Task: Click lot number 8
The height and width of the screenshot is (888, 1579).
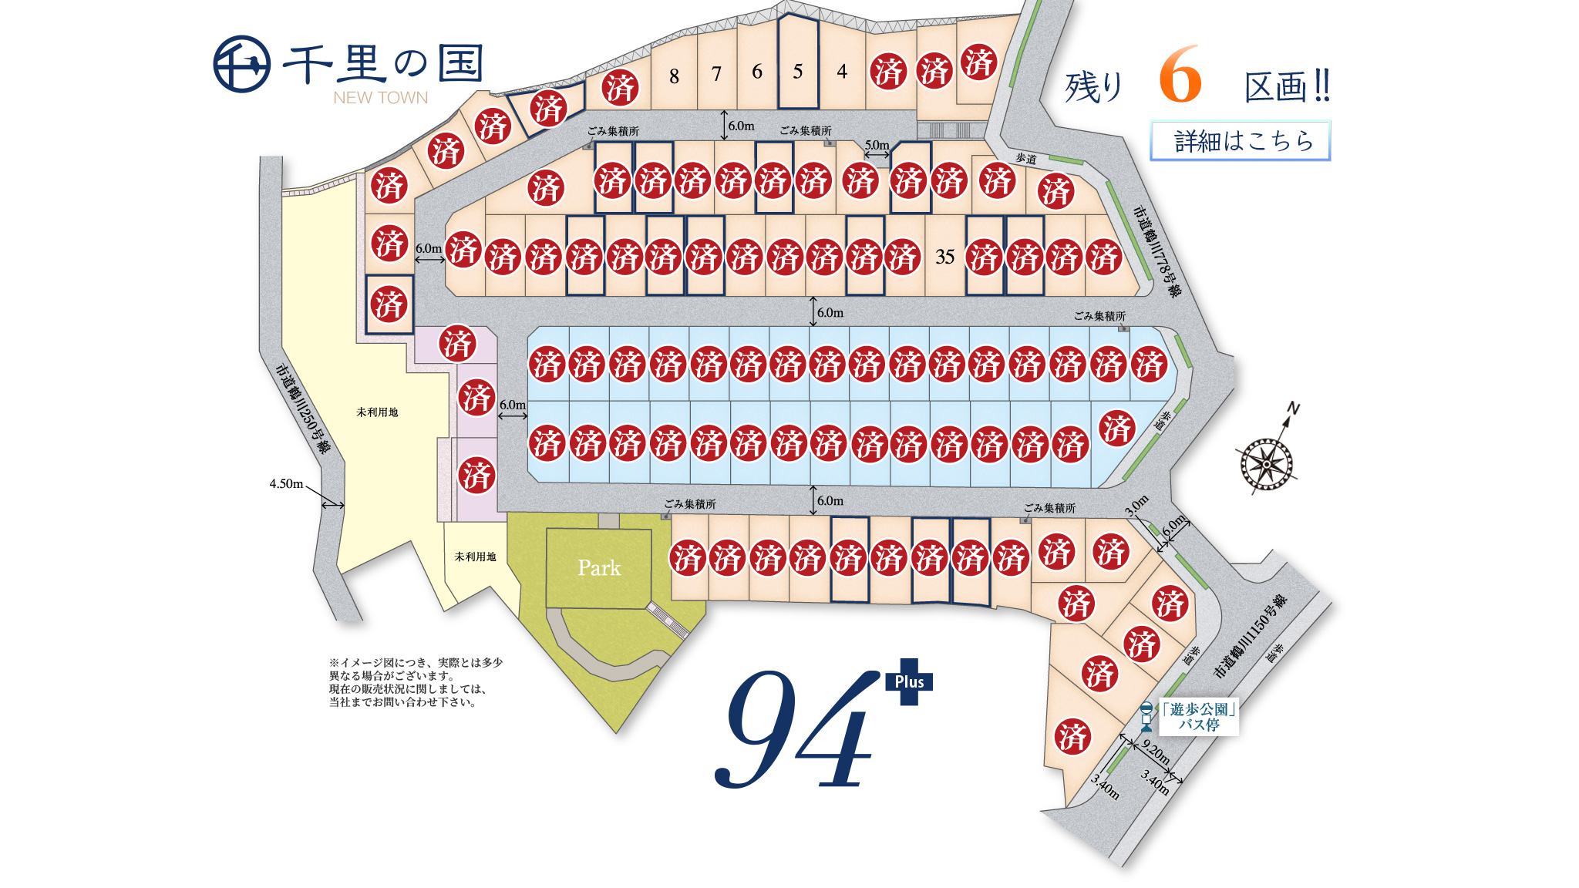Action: pos(674,76)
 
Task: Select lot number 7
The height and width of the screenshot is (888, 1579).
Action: pos(716,74)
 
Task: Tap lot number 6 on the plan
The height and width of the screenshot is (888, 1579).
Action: pos(757,72)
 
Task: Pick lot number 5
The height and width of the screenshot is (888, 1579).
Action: pos(798,72)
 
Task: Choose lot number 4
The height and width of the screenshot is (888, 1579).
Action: pos(842,72)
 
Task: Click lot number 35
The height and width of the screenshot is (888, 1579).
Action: pos(944,257)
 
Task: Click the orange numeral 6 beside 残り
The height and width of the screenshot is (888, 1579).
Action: pos(1180,75)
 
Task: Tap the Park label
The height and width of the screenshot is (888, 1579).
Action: pos(599,568)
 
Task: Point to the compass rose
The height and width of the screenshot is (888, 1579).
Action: pos(1267,463)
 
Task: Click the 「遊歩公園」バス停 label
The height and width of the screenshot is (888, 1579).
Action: pos(1198,717)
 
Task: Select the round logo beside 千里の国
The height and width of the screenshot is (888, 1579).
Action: pos(241,64)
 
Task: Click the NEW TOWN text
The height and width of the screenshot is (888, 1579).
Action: pos(380,98)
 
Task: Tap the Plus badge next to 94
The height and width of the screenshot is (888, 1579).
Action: pos(909,681)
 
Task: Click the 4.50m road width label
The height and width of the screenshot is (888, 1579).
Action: pos(286,484)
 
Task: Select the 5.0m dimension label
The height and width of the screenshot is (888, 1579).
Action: pos(877,145)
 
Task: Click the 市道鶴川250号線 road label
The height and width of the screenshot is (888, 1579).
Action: pos(302,409)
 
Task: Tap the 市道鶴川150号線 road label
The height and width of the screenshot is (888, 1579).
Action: pos(1250,637)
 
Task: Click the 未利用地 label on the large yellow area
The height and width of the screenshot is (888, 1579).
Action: pos(377,412)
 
